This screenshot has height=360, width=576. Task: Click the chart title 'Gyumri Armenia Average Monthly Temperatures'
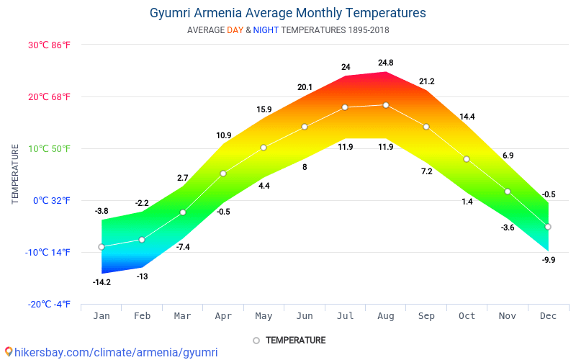point(287,13)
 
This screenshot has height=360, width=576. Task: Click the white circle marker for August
point(386,105)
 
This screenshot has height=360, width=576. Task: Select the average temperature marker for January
point(102,247)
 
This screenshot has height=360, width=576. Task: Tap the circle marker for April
point(223,174)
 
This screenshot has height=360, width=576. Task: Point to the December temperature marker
point(548,227)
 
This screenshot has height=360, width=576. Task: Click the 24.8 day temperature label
point(386,63)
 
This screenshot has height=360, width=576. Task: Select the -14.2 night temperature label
point(102,282)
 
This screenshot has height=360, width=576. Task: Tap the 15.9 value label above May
point(264,110)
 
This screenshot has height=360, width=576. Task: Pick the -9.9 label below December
point(548,260)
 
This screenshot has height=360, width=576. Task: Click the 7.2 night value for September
point(426,171)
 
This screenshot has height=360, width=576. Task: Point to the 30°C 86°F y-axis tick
point(50,45)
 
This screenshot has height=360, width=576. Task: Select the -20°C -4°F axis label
point(50,305)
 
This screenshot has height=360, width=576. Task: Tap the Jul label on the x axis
point(345,316)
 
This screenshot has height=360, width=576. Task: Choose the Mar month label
point(183,316)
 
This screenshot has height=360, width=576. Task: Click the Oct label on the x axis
point(467,316)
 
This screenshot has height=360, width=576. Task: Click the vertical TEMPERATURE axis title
point(15,174)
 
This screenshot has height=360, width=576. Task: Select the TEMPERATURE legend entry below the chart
point(295,340)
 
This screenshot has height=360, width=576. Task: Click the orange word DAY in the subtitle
point(235,30)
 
